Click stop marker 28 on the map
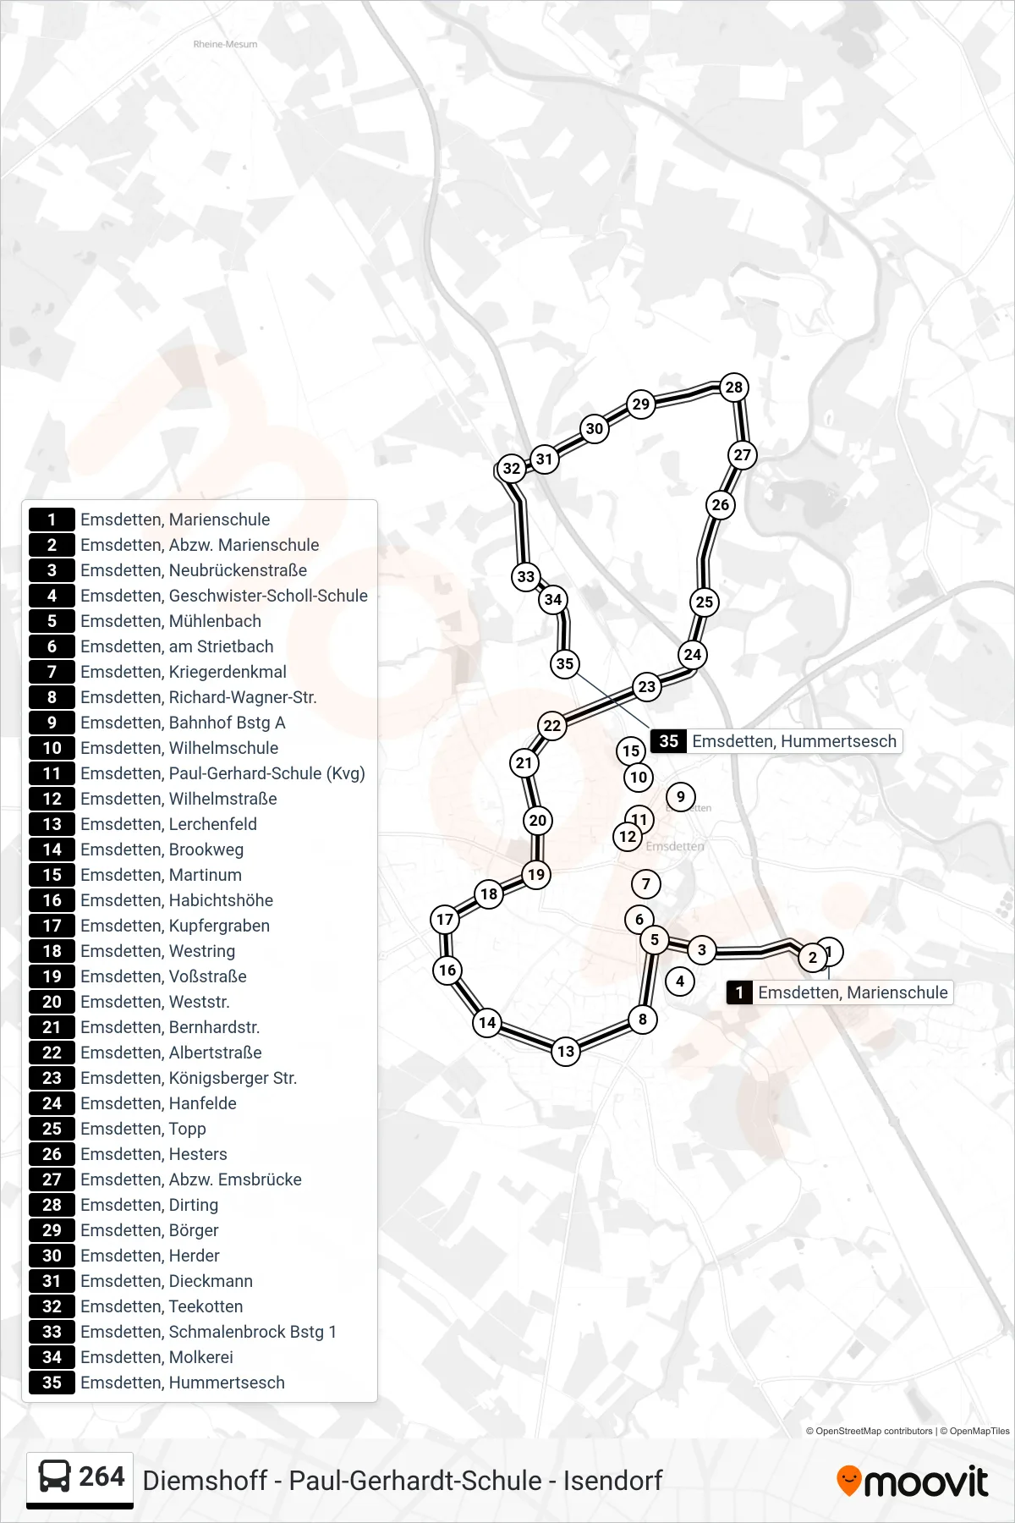pyautogui.click(x=734, y=388)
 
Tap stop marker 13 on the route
pyautogui.click(x=566, y=1052)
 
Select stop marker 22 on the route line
pyautogui.click(x=552, y=725)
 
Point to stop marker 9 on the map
pyautogui.click(x=681, y=796)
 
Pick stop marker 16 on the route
pyautogui.click(x=447, y=970)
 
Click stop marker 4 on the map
pyautogui.click(x=680, y=981)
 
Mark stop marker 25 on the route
pyautogui.click(x=705, y=602)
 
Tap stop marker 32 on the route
pyautogui.click(x=512, y=469)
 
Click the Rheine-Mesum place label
pyautogui.click(x=225, y=44)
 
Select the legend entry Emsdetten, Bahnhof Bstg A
pyautogui.click(x=184, y=723)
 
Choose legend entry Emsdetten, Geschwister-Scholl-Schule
pyautogui.click(x=224, y=596)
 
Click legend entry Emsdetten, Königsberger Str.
pyautogui.click(x=189, y=1078)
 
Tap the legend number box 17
pyautogui.click(x=52, y=926)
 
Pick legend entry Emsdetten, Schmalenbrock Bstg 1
pyautogui.click(x=209, y=1332)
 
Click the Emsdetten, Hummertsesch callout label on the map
pyautogui.click(x=776, y=741)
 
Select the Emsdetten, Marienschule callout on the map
pyautogui.click(x=840, y=992)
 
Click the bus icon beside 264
pyautogui.click(x=55, y=1477)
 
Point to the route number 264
pyautogui.click(x=101, y=1476)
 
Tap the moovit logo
pyautogui.click(x=913, y=1482)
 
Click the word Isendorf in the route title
pyautogui.click(x=613, y=1481)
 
